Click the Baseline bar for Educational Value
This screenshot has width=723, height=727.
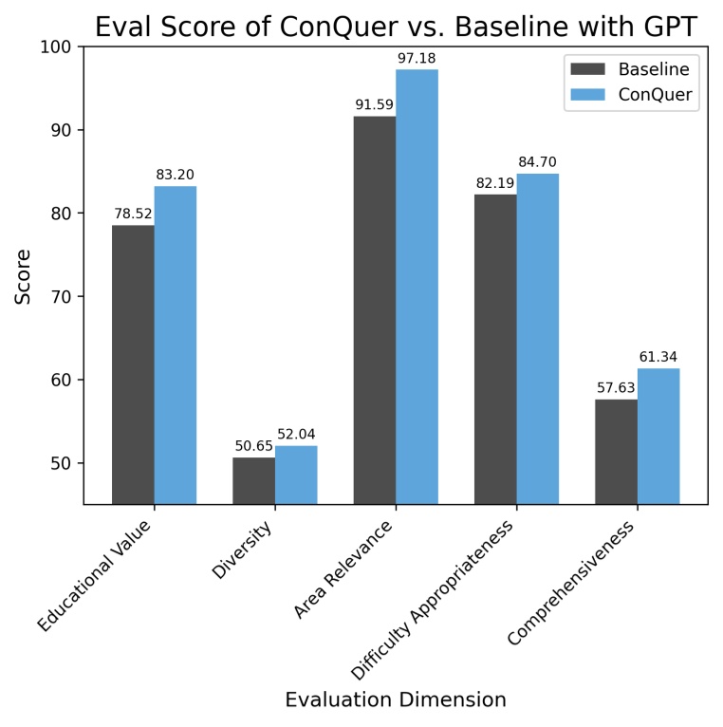click(133, 363)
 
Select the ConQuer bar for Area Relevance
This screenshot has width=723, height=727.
click(417, 286)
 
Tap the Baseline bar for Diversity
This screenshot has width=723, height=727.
click(253, 480)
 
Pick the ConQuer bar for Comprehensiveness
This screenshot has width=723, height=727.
click(658, 436)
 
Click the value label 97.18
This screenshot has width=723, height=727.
click(417, 59)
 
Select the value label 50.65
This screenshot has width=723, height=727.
click(254, 446)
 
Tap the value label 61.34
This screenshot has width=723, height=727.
click(658, 357)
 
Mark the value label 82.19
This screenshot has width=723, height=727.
click(495, 183)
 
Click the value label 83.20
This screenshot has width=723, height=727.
click(176, 175)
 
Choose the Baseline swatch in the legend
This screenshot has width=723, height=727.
click(587, 68)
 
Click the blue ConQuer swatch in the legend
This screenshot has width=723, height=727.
click(587, 94)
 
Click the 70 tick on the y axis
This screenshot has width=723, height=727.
click(63, 296)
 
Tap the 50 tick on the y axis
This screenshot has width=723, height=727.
click(63, 463)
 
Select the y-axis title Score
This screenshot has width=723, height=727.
click(23, 275)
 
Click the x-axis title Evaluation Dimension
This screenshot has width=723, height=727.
click(396, 700)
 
